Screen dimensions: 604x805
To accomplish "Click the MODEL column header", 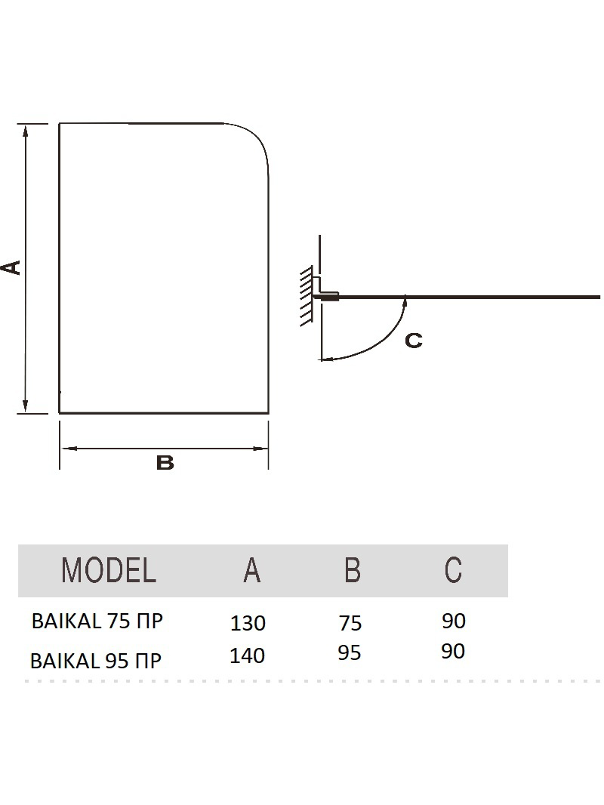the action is [108, 569].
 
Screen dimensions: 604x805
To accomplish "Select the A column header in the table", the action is [251, 569].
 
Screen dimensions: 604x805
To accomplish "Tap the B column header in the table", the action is [352, 569].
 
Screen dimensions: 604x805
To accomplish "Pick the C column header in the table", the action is [453, 569].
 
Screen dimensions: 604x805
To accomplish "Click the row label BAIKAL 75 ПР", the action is [97, 621].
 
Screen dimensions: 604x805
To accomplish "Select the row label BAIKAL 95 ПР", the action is [96, 660].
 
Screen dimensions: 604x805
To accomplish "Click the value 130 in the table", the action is [248, 623].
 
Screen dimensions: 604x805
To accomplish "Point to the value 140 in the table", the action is [247, 655].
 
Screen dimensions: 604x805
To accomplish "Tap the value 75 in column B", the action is [350, 623].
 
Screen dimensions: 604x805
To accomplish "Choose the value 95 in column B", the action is [350, 652].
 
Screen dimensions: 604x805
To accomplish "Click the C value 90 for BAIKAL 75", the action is [454, 621].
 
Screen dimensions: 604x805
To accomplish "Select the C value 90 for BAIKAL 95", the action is [453, 651].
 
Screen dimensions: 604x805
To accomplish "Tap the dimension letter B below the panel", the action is [165, 463].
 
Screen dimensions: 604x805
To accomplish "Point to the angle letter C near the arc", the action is [414, 341].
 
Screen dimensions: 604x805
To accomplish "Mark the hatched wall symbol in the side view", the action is [307, 296].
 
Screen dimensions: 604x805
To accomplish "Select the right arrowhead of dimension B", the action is [262, 449].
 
